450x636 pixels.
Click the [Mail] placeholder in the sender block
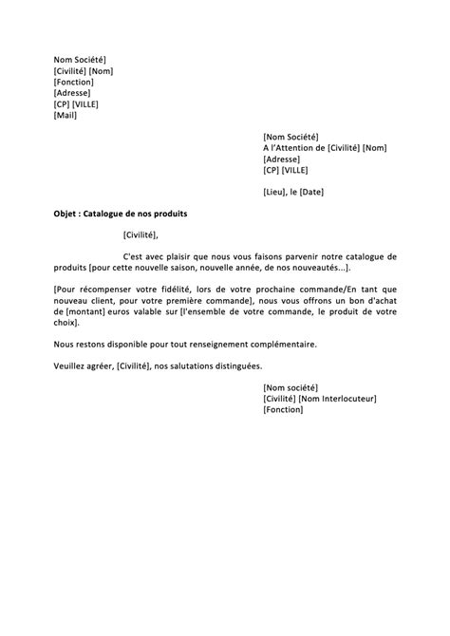[x=66, y=116]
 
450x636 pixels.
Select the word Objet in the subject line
[x=67, y=215]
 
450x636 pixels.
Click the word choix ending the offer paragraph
[x=66, y=323]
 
